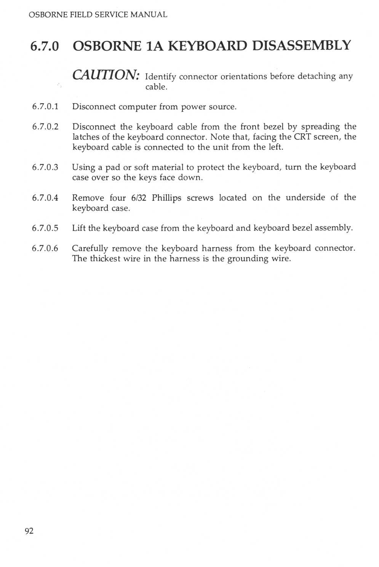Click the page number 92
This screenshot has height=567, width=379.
pos(29,531)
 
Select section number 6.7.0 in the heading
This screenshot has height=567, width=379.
pos(45,46)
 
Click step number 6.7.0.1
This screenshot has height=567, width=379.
pos(45,107)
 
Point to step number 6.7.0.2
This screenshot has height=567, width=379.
pos(45,127)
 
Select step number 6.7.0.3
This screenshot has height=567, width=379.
pos(45,167)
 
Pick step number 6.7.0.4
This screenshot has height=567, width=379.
pos(45,198)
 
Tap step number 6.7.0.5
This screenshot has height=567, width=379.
pos(45,228)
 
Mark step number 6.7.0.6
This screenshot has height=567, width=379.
pos(45,248)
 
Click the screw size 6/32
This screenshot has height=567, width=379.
pos(139,198)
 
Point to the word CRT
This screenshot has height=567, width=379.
pos(302,137)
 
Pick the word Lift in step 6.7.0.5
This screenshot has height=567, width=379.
pos(79,228)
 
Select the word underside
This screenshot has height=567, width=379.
pos(305,198)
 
